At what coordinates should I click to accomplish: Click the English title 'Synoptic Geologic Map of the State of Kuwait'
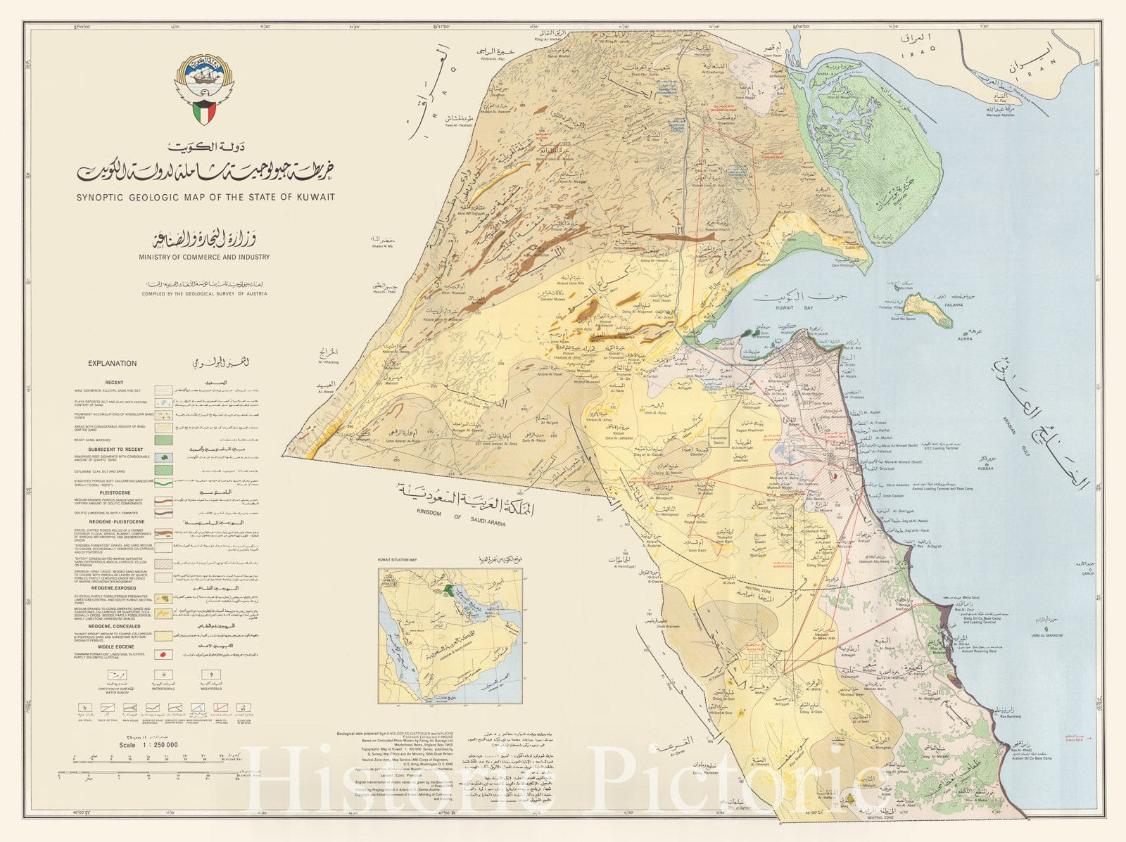[205, 197]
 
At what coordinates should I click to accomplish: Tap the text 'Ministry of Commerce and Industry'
[204, 257]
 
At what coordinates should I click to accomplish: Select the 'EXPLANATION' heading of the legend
[113, 364]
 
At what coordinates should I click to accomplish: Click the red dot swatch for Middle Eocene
[165, 654]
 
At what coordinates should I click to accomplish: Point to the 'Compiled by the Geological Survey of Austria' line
[204, 294]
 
